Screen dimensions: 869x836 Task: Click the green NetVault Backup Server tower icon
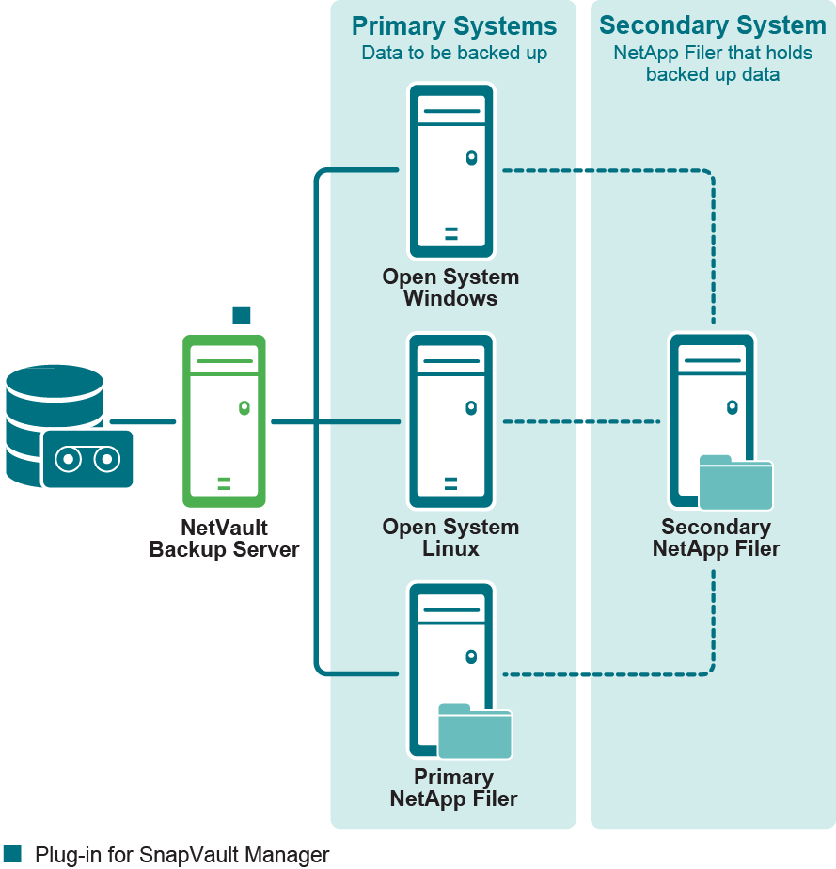point(224,422)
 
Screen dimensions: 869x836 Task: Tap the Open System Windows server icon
point(450,171)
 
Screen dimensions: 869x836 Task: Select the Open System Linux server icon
point(450,421)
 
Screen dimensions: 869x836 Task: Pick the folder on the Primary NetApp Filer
point(475,733)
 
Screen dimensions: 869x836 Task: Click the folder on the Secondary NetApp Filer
point(735,483)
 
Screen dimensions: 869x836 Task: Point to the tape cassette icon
point(87,459)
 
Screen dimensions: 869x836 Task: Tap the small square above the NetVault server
point(242,315)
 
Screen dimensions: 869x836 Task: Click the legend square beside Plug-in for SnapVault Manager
point(12,853)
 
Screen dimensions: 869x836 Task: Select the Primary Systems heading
point(454,26)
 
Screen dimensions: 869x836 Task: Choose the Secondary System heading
point(713,25)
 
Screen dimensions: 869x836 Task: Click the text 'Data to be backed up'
point(454,53)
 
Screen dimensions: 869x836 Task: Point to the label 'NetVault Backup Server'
point(224,539)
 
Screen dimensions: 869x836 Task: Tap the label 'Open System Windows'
point(450,288)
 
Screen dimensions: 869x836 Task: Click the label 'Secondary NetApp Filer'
point(716,537)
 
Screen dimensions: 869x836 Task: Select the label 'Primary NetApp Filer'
point(453,788)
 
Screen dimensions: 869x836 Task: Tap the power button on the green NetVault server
point(244,407)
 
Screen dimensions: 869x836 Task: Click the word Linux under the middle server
point(450,548)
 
